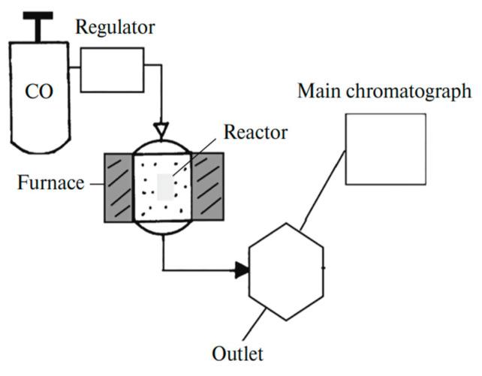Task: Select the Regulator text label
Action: coord(115,29)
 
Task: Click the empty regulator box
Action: coord(112,70)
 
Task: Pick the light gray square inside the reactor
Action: coord(167,186)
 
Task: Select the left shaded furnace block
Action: coord(118,188)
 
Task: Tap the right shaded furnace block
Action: coord(209,188)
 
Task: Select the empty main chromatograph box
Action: coord(385,149)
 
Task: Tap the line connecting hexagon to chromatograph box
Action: coord(324,188)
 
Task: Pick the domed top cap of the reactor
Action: coord(162,146)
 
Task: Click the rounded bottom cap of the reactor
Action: coord(162,229)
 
